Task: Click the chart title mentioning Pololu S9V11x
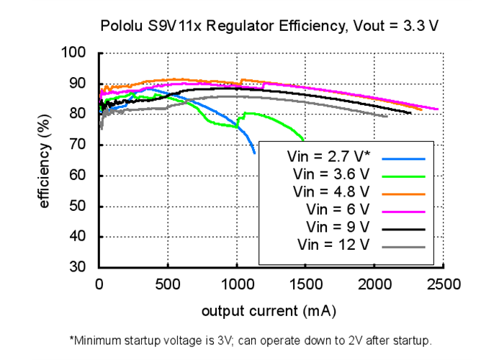pos(269,27)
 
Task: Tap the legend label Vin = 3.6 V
pos(332,175)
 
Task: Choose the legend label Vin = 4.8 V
pos(332,192)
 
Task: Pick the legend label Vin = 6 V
pos(338,210)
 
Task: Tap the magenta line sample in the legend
pos(404,211)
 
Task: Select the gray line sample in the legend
pos(404,247)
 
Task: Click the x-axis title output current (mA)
pos(269,312)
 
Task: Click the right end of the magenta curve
pos(437,109)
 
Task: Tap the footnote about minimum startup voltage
pos(250,339)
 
